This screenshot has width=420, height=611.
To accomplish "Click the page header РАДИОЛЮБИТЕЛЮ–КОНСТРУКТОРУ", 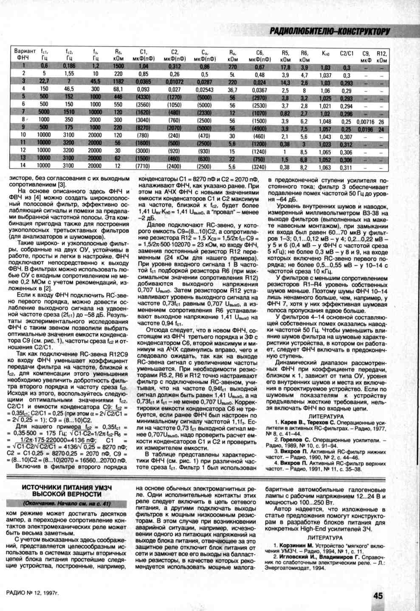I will [330, 31].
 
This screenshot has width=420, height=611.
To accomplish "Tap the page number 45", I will [378, 595].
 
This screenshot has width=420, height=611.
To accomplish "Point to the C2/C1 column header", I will [347, 53].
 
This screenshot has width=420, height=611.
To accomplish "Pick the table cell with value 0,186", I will [69, 66].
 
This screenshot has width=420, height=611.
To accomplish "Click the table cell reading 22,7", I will [44, 81].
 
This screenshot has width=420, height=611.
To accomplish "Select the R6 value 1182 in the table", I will [118, 81].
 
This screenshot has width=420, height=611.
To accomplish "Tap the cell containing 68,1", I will [118, 89].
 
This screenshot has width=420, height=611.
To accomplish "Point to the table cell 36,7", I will [232, 90].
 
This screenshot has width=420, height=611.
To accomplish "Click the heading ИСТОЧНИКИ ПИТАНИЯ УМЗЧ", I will [67, 488].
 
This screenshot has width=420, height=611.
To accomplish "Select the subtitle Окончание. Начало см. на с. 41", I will [67, 503].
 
